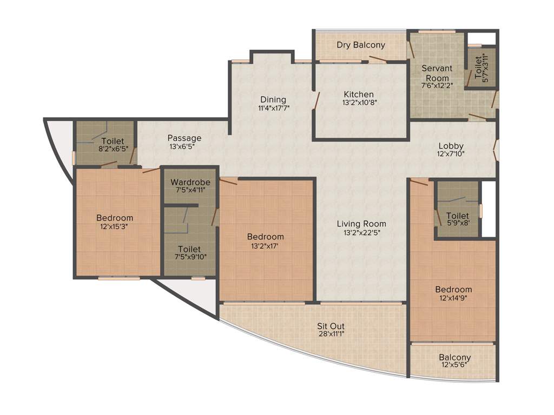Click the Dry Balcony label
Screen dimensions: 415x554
pos(361,45)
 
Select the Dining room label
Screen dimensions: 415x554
pos(273,99)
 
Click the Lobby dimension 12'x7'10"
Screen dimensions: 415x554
pos(451,153)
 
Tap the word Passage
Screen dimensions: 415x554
pos(184,138)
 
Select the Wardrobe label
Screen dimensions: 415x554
pos(190,182)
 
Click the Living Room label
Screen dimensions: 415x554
pos(361,224)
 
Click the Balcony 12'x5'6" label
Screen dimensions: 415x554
pos(454,357)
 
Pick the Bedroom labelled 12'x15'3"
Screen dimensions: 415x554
pos(115,218)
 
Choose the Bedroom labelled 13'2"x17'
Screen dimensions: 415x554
pos(265,237)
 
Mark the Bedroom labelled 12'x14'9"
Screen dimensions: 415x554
pos(453,290)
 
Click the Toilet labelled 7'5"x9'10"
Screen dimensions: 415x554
pos(189,249)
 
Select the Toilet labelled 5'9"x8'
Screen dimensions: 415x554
pos(458,216)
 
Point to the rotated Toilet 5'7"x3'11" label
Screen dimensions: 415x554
pos(482,68)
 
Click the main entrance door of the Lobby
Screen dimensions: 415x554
pos(496,150)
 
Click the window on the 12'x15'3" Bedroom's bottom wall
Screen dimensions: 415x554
pos(118,278)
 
